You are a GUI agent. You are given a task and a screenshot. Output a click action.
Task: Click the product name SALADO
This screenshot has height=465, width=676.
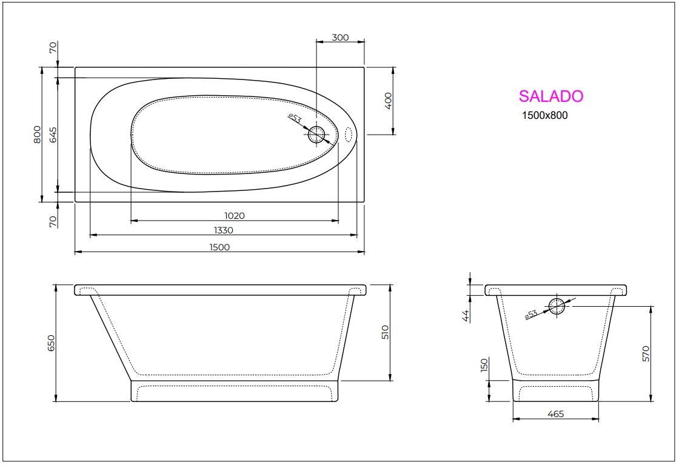(551, 96)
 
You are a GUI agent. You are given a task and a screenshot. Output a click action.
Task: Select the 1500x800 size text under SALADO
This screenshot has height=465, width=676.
(544, 116)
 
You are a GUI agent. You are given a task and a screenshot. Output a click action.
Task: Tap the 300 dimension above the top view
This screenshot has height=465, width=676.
(340, 38)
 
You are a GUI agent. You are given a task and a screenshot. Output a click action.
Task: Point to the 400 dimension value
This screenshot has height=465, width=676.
(389, 100)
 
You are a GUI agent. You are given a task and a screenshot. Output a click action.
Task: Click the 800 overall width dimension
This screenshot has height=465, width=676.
(37, 134)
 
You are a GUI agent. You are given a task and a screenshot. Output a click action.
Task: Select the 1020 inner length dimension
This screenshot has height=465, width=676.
(234, 215)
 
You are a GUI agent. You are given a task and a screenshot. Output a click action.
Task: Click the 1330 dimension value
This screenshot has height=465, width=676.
(223, 230)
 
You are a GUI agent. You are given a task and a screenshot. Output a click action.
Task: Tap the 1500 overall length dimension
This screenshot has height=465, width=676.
(219, 247)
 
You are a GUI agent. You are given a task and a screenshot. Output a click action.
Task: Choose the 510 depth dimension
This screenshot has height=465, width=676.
(385, 332)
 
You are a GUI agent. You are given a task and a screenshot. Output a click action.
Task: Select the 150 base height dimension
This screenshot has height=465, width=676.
(484, 366)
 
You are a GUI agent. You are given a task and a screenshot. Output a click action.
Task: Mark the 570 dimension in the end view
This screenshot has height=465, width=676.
(646, 353)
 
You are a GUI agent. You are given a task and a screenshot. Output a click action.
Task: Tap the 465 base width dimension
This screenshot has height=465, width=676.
(555, 414)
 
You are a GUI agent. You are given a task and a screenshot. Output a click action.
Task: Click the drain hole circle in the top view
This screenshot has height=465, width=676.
(316, 135)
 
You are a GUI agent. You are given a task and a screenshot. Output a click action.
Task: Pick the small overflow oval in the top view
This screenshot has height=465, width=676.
(349, 135)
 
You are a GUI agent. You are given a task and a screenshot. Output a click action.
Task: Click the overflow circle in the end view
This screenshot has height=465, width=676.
(557, 307)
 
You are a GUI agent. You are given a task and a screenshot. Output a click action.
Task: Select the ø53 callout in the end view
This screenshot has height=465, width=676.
(530, 314)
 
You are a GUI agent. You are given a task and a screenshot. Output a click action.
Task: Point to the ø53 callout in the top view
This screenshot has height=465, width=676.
(295, 118)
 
